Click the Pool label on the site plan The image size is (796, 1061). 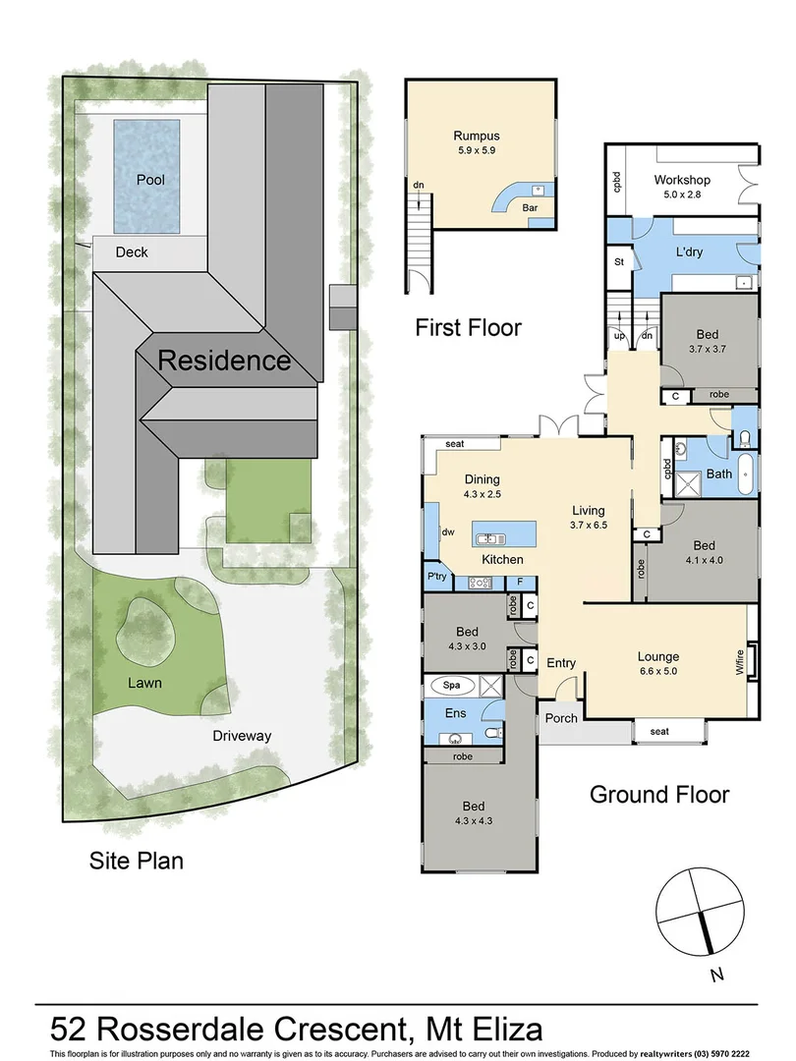coord(151,180)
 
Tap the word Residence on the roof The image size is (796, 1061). coord(224,361)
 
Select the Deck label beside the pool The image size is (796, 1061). coord(132,252)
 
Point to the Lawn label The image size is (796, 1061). coord(143,682)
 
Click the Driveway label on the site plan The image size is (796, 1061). coord(242,735)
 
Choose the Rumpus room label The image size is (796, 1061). coord(477,136)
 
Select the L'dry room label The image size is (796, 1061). coord(688,251)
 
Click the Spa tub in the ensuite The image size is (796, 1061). coord(454,685)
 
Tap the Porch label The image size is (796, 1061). coord(561,717)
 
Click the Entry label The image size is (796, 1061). coord(561,662)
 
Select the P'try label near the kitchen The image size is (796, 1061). coord(437,577)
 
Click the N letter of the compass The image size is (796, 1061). coord(718,975)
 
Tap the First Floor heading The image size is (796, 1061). coord(468,327)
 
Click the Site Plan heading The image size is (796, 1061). coord(137,862)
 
